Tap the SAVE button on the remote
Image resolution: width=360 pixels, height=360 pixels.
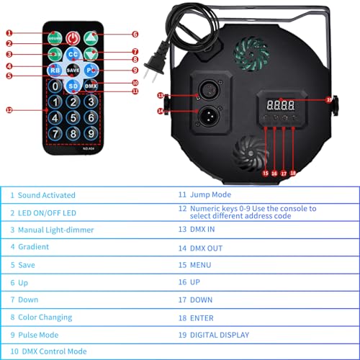tap(73, 71)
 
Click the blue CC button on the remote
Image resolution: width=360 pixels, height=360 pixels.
tap(73, 54)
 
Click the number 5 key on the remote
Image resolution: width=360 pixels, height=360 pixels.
tap(73, 117)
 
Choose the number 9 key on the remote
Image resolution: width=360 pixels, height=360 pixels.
tap(90, 132)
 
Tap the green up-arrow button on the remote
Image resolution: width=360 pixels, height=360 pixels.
tap(91, 37)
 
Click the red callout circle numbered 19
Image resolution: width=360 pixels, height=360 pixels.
tap(329, 99)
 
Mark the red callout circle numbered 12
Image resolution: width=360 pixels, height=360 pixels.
tap(9, 110)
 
